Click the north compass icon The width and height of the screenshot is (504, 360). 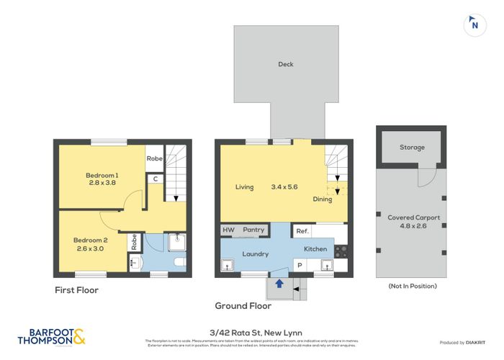(x=472, y=24)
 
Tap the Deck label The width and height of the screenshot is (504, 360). (x=286, y=64)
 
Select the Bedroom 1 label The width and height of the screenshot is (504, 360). (x=102, y=176)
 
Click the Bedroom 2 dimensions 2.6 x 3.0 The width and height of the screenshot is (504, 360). (x=89, y=249)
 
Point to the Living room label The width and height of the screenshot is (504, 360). (x=244, y=187)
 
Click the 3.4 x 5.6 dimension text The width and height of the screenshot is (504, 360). (x=283, y=187)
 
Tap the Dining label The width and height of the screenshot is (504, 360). (x=322, y=199)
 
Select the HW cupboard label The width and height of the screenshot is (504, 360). (x=228, y=230)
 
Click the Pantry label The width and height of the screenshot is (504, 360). (x=253, y=230)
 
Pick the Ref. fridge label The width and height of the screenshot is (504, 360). (x=302, y=231)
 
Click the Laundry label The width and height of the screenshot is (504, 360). (x=255, y=253)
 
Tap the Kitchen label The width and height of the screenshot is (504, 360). (x=315, y=249)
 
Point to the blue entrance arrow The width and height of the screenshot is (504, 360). (x=279, y=284)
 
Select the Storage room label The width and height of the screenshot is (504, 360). (x=412, y=148)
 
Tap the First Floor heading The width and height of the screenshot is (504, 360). (x=76, y=290)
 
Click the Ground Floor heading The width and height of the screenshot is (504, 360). (x=243, y=305)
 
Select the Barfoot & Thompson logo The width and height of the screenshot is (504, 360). (x=50, y=336)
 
